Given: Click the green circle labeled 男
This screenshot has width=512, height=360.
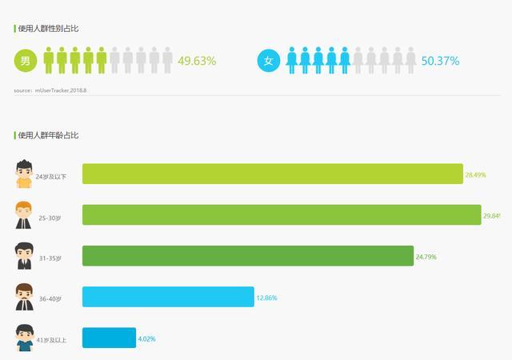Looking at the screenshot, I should [26, 61].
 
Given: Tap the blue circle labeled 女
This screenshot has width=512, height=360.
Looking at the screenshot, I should [269, 61].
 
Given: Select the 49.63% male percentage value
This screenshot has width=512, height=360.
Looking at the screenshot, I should [197, 61].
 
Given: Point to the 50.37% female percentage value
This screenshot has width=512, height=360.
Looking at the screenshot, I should [440, 61].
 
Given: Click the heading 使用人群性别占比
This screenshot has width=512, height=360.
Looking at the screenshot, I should [48, 29].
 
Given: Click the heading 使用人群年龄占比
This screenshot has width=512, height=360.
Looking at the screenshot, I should [48, 135].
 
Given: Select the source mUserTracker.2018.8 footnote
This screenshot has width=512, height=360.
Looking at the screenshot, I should [50, 90].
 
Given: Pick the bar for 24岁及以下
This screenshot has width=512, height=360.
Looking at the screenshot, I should [272, 174].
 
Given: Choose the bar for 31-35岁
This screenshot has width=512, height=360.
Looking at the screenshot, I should [248, 256].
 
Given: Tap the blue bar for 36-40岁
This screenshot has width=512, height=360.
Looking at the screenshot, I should [168, 297].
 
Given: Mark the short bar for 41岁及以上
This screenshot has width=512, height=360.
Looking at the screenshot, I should [109, 338].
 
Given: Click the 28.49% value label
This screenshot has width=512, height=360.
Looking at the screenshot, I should [475, 174].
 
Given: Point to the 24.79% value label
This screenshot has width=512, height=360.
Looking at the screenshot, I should [426, 257].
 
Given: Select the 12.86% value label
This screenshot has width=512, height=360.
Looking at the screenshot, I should [266, 298].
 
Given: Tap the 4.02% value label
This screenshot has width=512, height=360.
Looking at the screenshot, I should [146, 339].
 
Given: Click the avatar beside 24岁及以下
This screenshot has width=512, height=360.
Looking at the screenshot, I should [24, 174].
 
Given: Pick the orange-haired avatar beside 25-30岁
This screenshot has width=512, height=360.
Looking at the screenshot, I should [24, 215].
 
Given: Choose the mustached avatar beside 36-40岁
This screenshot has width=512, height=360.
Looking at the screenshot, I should [24, 297].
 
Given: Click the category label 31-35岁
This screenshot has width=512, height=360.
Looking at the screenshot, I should [50, 258].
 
